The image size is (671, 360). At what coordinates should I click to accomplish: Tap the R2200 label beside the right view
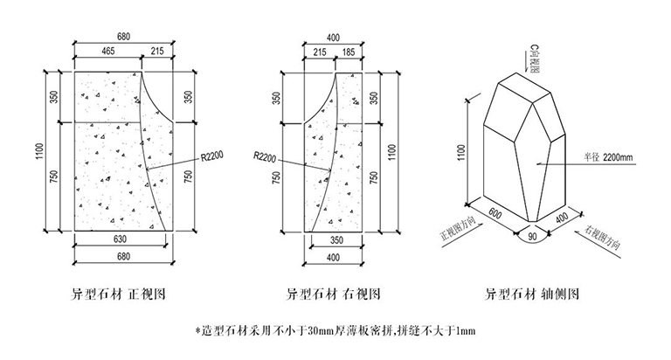click(266, 157)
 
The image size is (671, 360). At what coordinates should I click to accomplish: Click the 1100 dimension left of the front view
click(39, 152)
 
